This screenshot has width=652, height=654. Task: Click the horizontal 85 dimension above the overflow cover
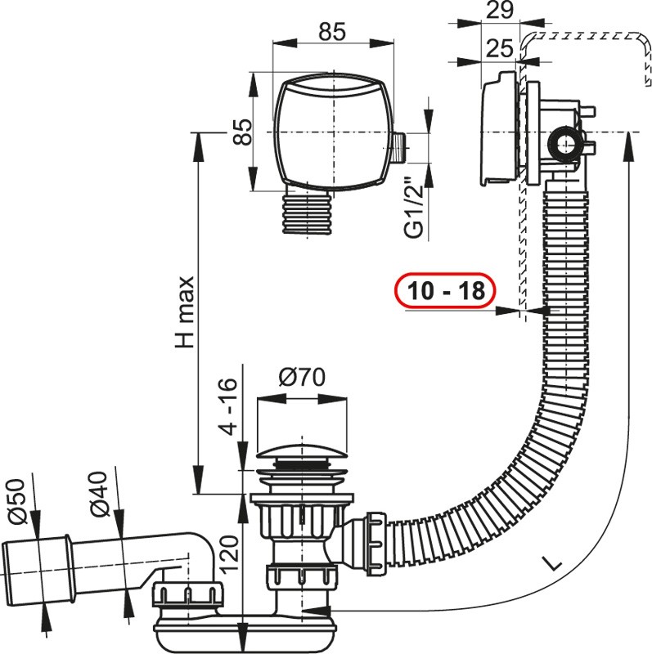(x=332, y=31)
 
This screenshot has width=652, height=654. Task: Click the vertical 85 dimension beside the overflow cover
(x=242, y=132)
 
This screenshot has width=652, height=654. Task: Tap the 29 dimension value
(x=500, y=10)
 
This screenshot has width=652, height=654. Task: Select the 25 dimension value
(x=500, y=48)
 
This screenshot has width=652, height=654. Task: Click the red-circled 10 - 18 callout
(x=445, y=291)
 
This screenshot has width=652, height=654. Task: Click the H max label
(x=185, y=312)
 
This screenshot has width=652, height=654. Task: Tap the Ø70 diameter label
(x=301, y=377)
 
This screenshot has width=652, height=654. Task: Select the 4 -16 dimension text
(x=229, y=407)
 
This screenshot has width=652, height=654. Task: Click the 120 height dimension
(x=229, y=554)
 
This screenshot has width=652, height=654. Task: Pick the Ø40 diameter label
(x=99, y=495)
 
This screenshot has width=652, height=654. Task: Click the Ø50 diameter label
(x=16, y=501)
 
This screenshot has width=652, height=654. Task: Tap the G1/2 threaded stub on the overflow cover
(x=400, y=148)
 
